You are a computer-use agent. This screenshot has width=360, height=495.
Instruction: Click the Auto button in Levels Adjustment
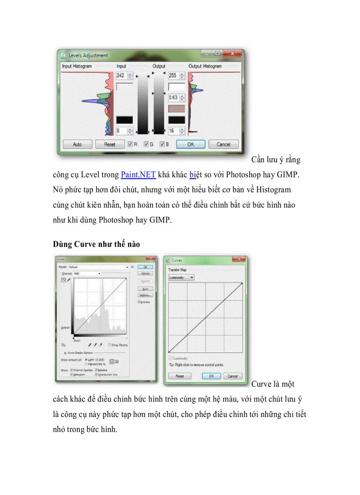click(x=78, y=144)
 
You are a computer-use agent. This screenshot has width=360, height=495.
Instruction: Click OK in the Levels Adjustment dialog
click(x=190, y=144)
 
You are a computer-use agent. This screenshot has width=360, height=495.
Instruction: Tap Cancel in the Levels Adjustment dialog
click(x=223, y=144)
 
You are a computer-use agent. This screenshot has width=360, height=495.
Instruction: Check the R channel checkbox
click(x=131, y=144)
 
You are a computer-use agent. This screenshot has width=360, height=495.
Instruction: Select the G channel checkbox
click(x=146, y=144)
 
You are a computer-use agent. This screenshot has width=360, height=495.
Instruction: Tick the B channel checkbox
click(x=162, y=144)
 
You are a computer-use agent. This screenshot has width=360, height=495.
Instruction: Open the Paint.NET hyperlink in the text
click(x=138, y=175)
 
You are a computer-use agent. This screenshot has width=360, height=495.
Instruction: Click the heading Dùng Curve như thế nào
click(x=96, y=244)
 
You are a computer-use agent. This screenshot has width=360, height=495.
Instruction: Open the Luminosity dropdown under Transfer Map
click(x=181, y=277)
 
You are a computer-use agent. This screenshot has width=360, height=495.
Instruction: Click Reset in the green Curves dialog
click(x=180, y=376)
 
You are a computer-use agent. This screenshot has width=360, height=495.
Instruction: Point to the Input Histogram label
click(x=77, y=66)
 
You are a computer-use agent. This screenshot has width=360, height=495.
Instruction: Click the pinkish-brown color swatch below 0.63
click(x=176, y=108)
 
